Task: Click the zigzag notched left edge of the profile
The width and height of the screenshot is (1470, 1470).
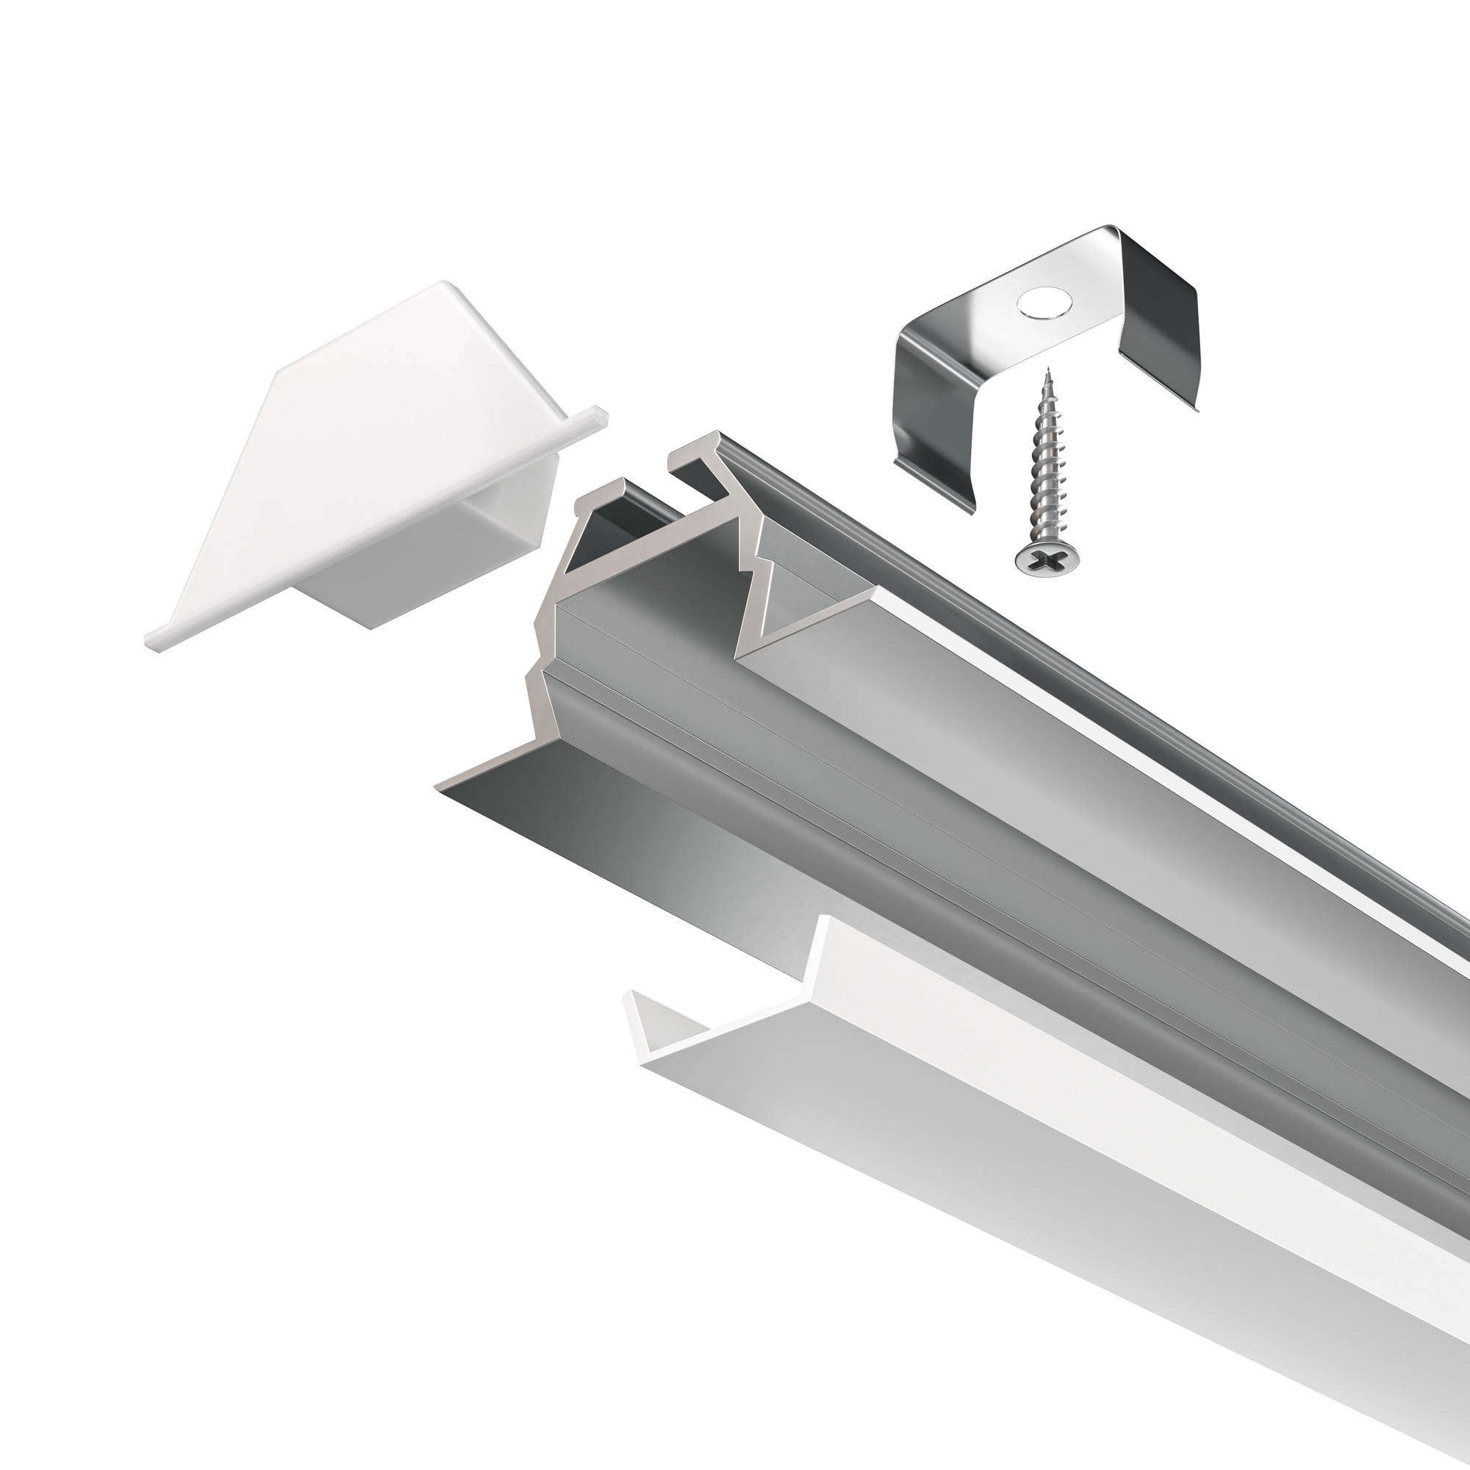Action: click(x=543, y=654)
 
